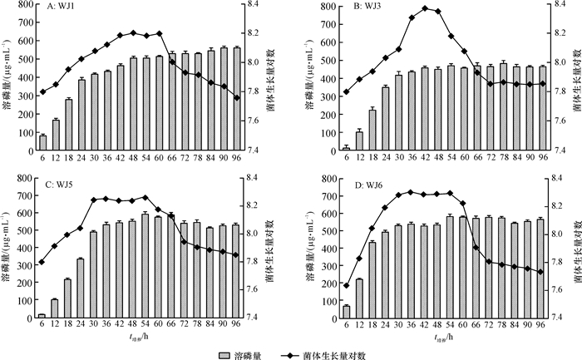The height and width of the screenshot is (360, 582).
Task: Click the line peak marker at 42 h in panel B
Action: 425,8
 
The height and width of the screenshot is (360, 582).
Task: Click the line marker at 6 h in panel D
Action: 346,285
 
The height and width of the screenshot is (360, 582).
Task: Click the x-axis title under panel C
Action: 139,338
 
